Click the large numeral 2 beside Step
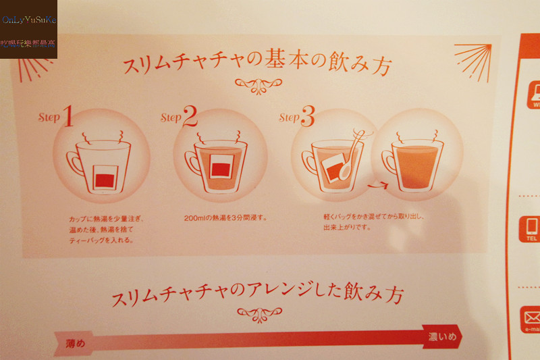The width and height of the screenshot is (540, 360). [190, 117]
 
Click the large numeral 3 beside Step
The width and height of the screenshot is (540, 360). [307, 118]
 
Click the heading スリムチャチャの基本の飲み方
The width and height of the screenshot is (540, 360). [257, 66]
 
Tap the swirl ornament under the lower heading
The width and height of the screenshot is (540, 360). [259, 313]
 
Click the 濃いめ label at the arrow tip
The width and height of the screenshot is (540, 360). [442, 336]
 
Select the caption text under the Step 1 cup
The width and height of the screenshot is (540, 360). [106, 229]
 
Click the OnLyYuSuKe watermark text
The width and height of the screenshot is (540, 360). [29, 20]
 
